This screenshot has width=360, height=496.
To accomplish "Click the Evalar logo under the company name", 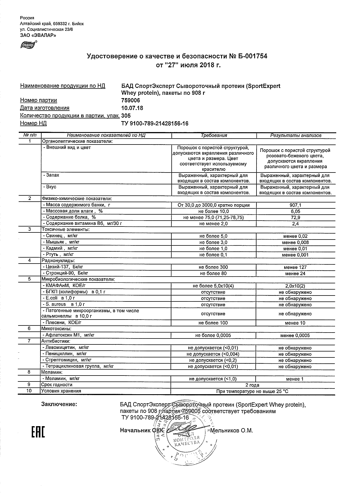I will (28, 45).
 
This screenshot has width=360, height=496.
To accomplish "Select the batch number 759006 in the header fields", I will (130, 100).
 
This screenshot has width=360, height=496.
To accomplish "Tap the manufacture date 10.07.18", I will (132, 108).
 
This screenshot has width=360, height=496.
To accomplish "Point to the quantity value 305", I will (126, 116).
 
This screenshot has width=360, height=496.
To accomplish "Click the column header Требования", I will (214, 135).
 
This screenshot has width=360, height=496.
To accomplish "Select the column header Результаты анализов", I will (296, 135).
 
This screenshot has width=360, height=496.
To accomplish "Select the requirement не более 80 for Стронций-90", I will (213, 273).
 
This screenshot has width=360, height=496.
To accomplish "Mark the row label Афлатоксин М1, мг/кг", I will (68, 335).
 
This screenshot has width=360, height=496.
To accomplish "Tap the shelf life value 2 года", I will (252, 385).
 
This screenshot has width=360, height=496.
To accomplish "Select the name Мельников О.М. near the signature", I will (232, 430).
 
